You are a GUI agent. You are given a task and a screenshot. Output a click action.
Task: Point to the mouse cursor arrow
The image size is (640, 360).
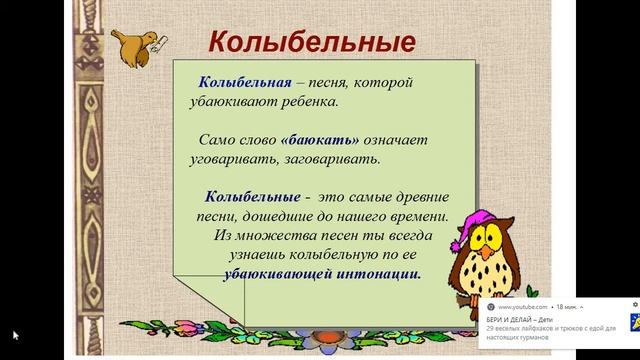pyautogui.click(x=14, y=335)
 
